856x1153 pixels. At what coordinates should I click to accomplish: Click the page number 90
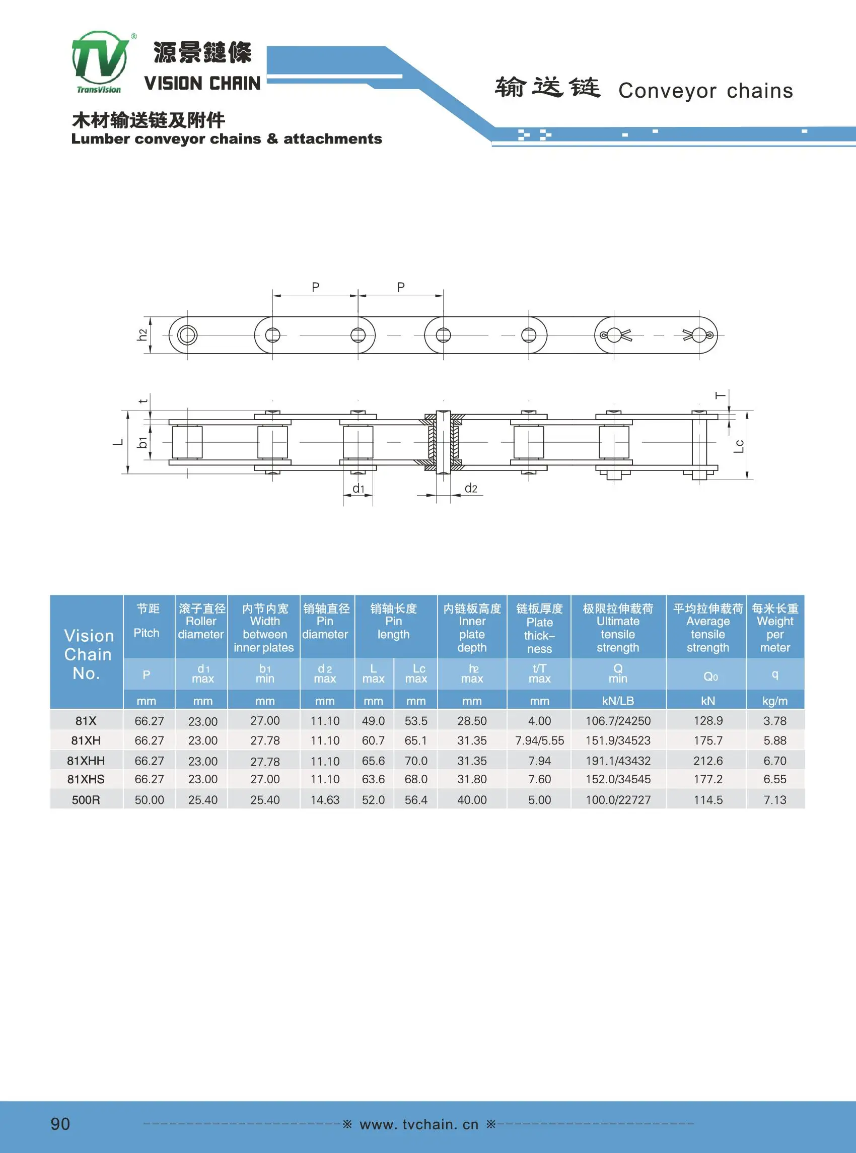[x=60, y=1123]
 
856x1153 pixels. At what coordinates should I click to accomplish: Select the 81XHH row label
[x=86, y=761]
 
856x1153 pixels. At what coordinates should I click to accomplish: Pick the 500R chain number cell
[x=86, y=799]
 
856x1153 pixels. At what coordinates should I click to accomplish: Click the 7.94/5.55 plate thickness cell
[x=539, y=740]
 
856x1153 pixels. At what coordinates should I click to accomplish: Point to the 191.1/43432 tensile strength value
[x=618, y=761]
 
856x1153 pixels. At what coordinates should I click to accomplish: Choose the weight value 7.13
[x=774, y=799]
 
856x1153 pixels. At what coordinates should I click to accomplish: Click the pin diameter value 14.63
[x=325, y=799]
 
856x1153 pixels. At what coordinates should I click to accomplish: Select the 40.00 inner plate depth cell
[x=472, y=799]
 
